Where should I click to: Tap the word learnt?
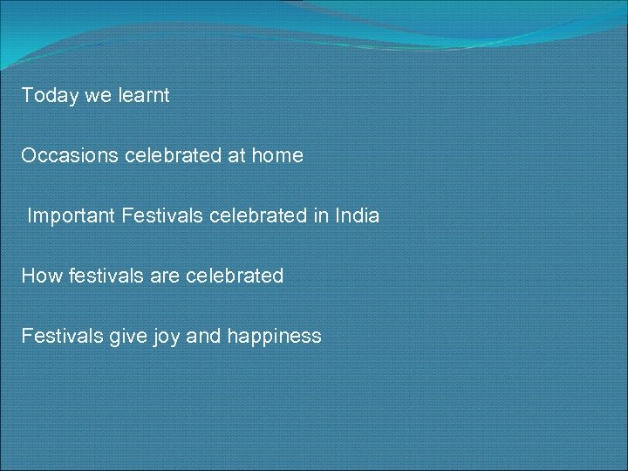[x=143, y=95]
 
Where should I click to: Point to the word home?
[x=277, y=155]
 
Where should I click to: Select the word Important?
[x=72, y=215]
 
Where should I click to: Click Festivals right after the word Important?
[x=162, y=215]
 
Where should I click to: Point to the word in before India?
[x=319, y=215]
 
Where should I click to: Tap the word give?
[x=126, y=336]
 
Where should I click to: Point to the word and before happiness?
[x=205, y=336]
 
